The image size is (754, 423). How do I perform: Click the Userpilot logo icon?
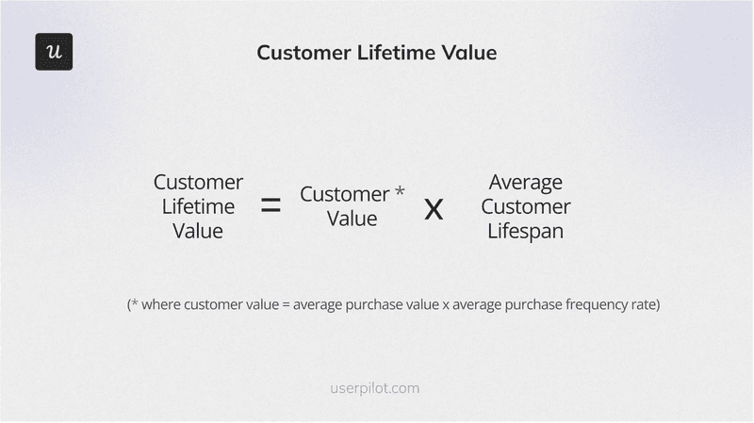pos(54,52)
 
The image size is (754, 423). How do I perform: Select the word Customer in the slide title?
pos(302,53)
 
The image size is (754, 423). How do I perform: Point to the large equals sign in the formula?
pos(270,206)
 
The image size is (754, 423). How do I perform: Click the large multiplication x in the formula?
pos(434,208)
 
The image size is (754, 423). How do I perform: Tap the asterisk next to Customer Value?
pos(400,192)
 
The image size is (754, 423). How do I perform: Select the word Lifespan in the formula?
pos(525,231)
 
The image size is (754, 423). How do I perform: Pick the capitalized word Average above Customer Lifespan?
pos(525,182)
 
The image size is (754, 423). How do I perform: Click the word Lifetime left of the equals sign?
pos(198,206)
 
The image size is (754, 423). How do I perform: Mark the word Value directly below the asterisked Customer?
pos(352,219)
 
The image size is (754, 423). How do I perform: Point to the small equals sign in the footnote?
pos(286,305)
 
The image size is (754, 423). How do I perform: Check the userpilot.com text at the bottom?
pos(376,387)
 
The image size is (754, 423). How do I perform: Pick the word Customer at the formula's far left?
pos(198,182)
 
